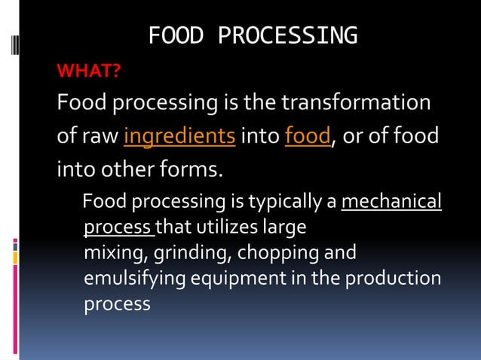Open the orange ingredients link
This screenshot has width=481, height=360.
pos(179,137)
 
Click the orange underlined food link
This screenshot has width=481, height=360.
pos(308,137)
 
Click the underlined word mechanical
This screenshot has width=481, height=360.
pos(391,203)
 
